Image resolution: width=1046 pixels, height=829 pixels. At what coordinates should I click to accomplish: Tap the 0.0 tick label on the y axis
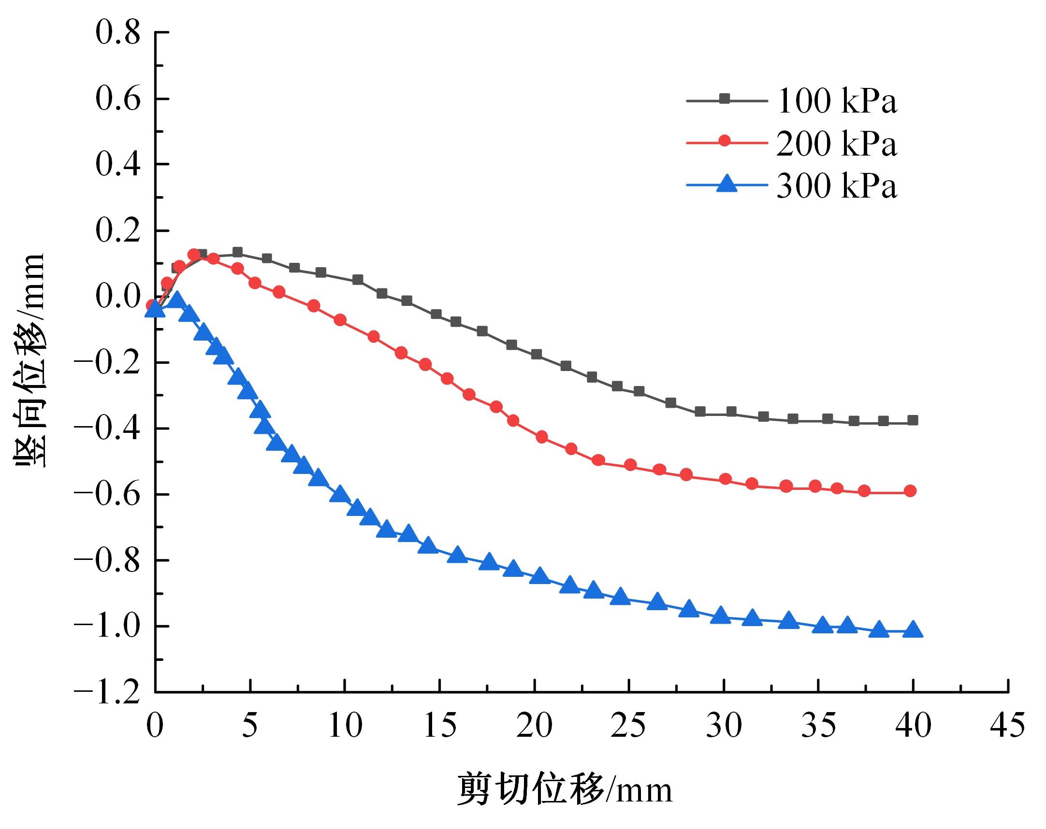pyautogui.click(x=117, y=297)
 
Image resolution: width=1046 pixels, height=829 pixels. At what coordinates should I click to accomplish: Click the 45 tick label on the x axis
pyautogui.click(x=1008, y=726)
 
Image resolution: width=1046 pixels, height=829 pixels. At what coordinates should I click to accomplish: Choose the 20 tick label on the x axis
pyautogui.click(x=534, y=726)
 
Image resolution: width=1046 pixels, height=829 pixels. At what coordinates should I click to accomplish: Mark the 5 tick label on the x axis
pyautogui.click(x=250, y=726)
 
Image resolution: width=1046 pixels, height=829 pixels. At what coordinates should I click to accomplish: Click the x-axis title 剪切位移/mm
pyautogui.click(x=565, y=789)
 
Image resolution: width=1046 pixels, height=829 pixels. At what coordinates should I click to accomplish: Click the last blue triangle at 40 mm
pyautogui.click(x=913, y=630)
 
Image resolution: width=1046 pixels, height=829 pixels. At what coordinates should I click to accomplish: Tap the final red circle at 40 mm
pyautogui.click(x=911, y=491)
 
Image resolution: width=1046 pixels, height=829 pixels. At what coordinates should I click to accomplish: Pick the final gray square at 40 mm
pyautogui.click(x=913, y=420)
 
